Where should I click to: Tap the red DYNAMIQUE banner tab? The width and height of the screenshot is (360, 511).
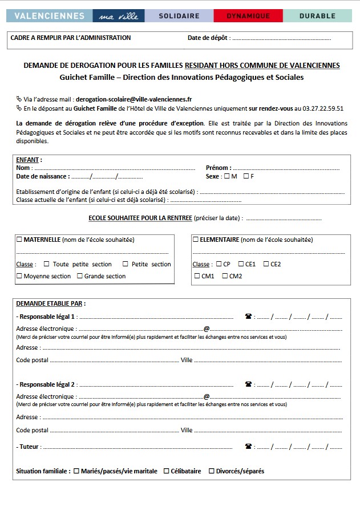pyautogui.click(x=248, y=16)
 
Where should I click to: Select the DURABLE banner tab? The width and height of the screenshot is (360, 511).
pyautogui.click(x=317, y=16)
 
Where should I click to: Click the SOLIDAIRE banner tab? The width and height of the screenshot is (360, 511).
pyautogui.click(x=179, y=16)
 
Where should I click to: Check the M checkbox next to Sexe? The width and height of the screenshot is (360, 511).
pyautogui.click(x=226, y=176)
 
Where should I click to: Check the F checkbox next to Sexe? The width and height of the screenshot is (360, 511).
pyautogui.click(x=246, y=176)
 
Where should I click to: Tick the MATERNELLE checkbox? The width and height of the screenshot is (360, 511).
pyautogui.click(x=19, y=240)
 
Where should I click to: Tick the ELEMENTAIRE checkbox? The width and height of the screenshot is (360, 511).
pyautogui.click(x=196, y=240)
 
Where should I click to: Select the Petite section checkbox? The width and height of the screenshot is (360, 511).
pyautogui.click(x=125, y=264)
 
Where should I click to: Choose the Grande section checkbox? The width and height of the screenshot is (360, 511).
pyautogui.click(x=79, y=276)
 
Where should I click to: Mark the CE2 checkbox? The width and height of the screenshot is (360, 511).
pyautogui.click(x=265, y=264)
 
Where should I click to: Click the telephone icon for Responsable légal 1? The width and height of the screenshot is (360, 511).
pyautogui.click(x=248, y=317)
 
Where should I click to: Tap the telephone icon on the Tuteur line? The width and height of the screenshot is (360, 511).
pyautogui.click(x=248, y=446)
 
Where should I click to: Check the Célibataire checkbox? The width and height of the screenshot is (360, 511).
pyautogui.click(x=167, y=471)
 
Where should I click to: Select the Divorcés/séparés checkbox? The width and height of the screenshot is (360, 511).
pyautogui.click(x=211, y=471)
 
